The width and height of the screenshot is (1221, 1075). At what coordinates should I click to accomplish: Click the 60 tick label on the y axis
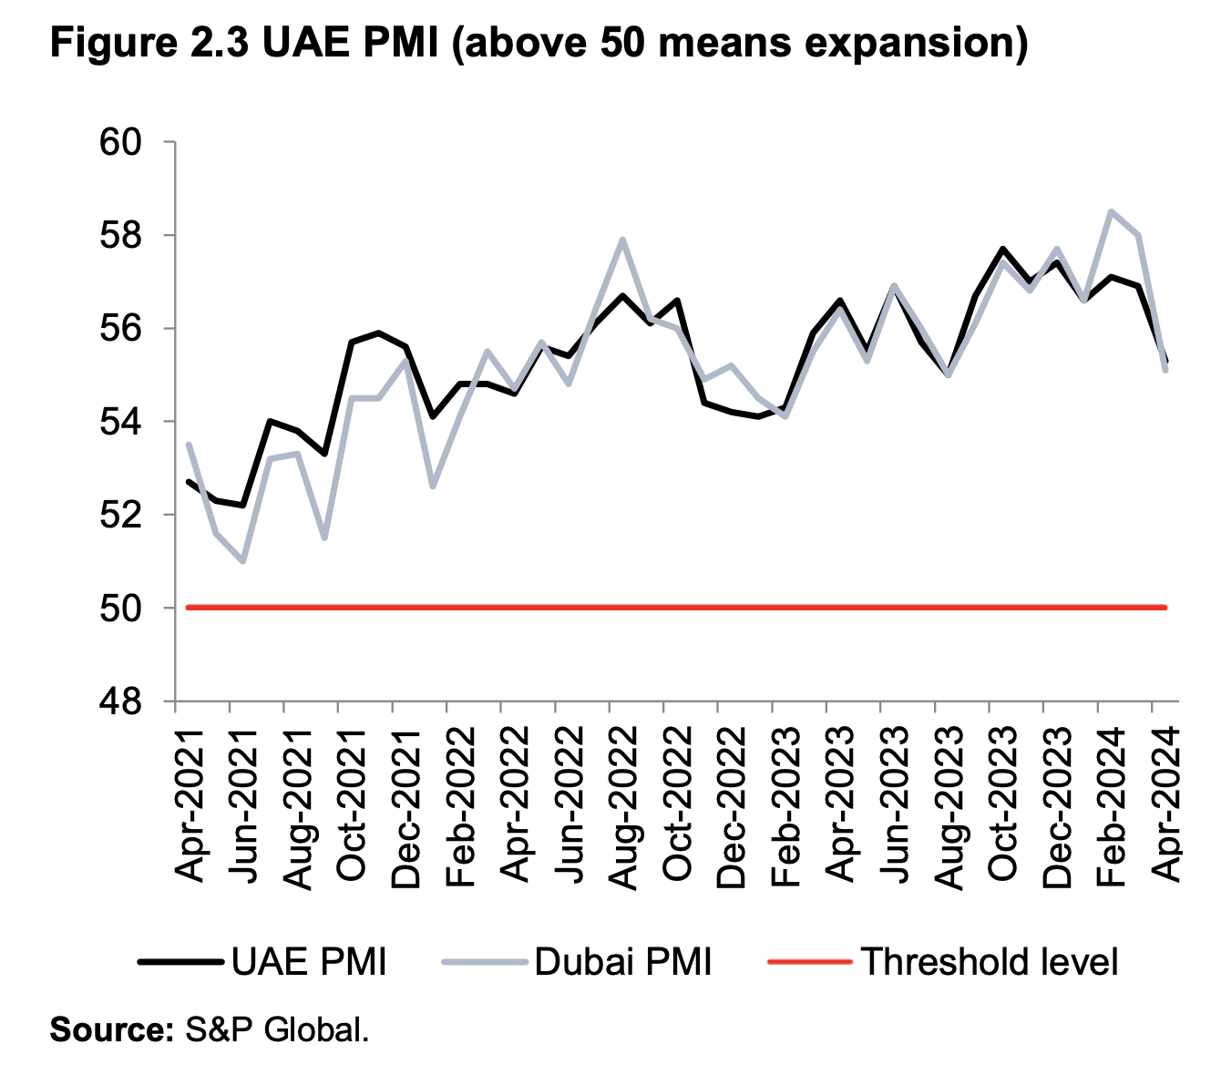click(123, 143)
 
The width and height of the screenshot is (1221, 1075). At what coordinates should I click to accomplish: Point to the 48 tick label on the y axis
click(123, 702)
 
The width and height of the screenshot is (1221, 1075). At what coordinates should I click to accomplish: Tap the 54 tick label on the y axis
click(123, 423)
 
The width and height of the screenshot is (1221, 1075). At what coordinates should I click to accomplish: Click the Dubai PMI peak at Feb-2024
click(1111, 211)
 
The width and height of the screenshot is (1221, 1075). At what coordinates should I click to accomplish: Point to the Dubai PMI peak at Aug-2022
click(622, 240)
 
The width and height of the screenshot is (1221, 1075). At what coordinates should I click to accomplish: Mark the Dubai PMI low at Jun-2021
click(242, 561)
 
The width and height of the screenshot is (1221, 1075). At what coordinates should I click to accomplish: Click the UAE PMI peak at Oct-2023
click(1002, 249)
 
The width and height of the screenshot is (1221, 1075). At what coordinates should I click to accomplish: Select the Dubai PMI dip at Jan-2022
click(432, 486)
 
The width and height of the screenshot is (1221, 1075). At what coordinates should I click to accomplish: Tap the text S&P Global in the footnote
click(277, 1030)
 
